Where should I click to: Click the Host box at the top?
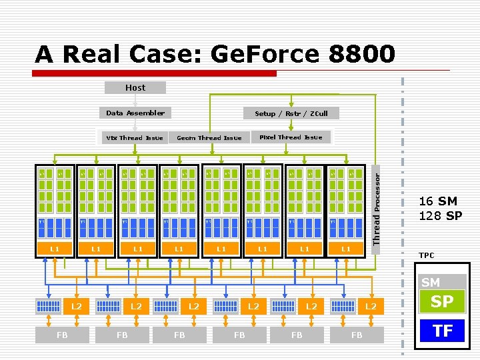click(x=135, y=87)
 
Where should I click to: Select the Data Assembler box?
click(x=135, y=113)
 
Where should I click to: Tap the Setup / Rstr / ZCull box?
click(x=291, y=113)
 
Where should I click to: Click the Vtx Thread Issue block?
click(x=135, y=137)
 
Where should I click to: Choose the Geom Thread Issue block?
click(x=209, y=137)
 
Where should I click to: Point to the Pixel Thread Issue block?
click(x=290, y=137)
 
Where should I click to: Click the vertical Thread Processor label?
click(x=377, y=209)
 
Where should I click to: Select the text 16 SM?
click(x=438, y=201)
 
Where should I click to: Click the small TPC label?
click(x=426, y=255)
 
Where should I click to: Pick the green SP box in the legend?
click(x=441, y=301)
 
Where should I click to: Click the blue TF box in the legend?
click(x=441, y=330)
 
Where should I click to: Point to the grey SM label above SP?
click(x=431, y=283)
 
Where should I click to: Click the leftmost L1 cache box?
click(x=55, y=249)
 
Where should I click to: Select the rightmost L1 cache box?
click(x=346, y=249)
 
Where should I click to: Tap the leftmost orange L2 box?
click(x=77, y=306)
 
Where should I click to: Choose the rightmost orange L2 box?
click(x=370, y=306)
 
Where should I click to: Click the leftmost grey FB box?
click(x=62, y=335)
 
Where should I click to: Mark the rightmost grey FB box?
click(x=357, y=335)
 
